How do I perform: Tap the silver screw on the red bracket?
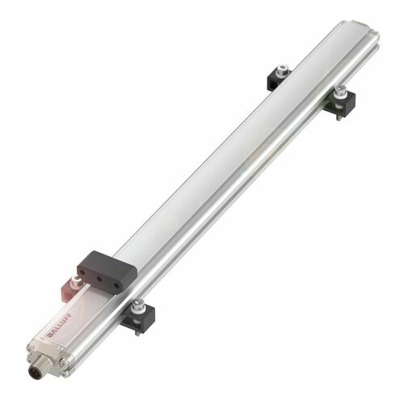pyautogui.click(x=75, y=280)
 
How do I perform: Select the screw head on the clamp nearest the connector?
pyautogui.click(x=141, y=305)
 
